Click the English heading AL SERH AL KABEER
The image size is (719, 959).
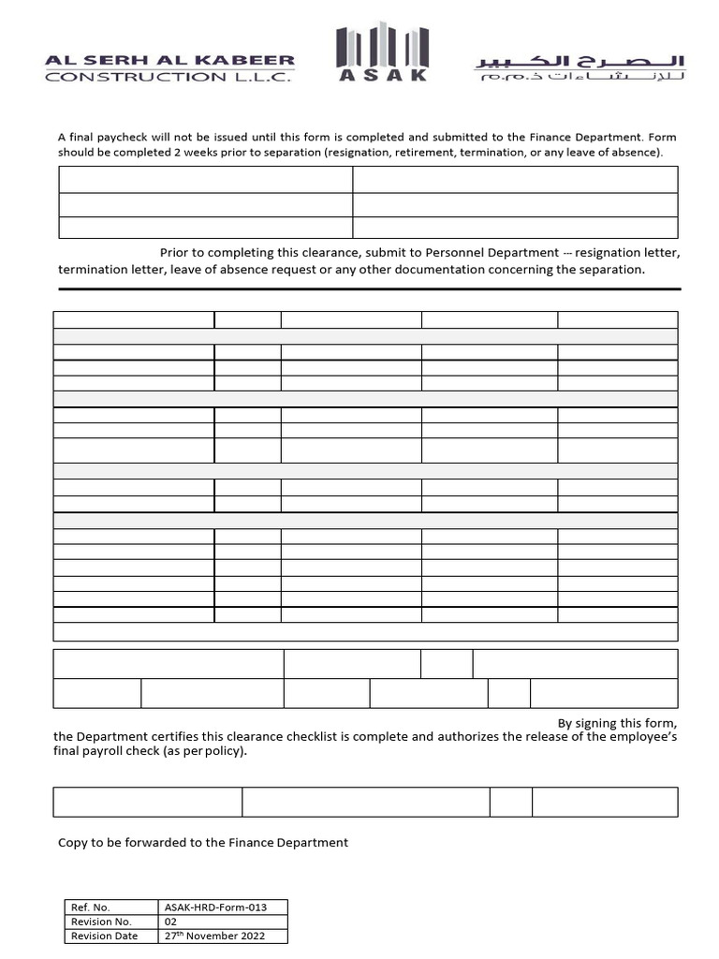169,60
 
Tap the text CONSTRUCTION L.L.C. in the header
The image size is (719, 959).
168,77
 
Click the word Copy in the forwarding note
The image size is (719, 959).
73,842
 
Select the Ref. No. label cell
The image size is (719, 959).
91,907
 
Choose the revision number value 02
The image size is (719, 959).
170,922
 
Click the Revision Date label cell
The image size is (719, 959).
104,936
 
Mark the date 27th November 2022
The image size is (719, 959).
214,936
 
